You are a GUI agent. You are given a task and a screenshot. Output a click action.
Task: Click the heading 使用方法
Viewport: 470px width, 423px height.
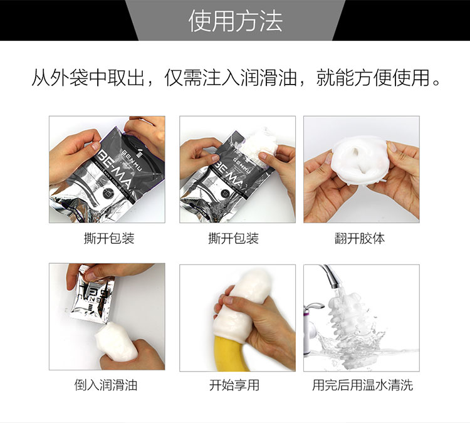236,21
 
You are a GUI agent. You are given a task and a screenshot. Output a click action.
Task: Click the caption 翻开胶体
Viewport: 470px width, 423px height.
360,239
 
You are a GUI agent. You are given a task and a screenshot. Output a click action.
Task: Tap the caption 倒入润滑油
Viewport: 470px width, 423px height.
106,385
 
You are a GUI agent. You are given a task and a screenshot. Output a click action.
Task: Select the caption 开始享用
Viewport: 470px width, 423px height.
234,385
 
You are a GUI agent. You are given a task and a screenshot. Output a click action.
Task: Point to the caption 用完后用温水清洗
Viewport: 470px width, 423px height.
362,385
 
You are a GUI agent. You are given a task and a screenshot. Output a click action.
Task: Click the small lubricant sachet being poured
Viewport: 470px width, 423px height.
91,295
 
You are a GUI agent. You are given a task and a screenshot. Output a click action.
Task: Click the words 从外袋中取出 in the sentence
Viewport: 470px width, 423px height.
88,78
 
